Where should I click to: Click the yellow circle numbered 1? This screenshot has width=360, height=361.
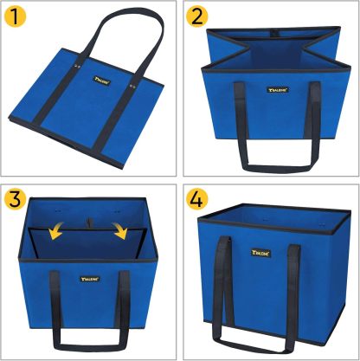[18, 17]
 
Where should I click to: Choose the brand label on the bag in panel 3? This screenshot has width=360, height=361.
[92, 279]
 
